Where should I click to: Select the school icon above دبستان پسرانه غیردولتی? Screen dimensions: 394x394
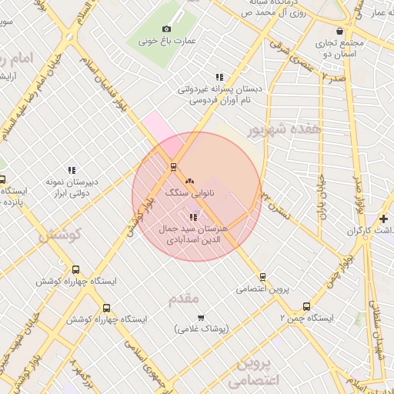tap(219, 77)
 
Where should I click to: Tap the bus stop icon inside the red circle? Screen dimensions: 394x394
tap(173, 166)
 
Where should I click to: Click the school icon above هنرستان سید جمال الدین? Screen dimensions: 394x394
tap(192, 217)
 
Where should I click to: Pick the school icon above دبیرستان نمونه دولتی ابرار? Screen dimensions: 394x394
tap(72, 170)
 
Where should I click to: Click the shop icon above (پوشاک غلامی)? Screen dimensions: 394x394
tap(201, 317)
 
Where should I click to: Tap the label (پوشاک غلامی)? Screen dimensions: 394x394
tap(201, 329)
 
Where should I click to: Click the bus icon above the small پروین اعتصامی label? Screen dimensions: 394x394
tap(262, 276)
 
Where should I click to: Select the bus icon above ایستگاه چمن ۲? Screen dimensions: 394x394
tap(307, 306)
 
